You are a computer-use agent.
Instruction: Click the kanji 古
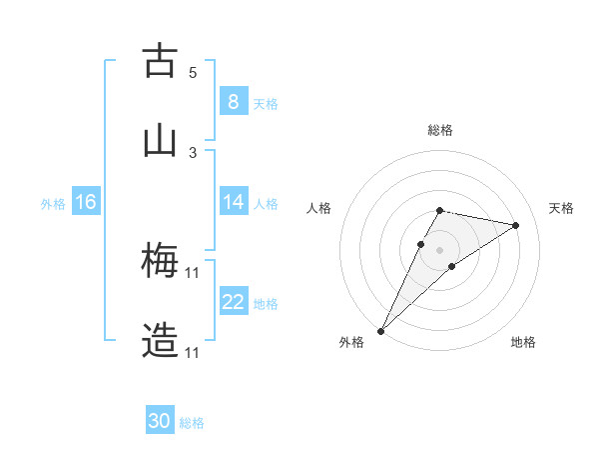tap(160, 62)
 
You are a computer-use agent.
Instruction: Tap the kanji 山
tap(160, 141)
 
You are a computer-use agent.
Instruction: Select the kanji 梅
tap(160, 262)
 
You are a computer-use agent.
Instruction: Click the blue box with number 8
tap(233, 101)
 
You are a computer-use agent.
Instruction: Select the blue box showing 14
tap(233, 202)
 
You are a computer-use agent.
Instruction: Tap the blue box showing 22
tap(233, 302)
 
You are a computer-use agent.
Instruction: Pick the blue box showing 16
tap(86, 202)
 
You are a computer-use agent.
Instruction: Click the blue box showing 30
tap(160, 421)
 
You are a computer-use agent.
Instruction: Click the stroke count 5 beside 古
tap(193, 72)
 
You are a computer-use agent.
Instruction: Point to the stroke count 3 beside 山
tap(193, 152)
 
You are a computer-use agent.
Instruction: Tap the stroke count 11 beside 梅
tap(193, 272)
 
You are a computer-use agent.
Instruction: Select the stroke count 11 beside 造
tap(193, 352)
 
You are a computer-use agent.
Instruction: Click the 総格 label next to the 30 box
tap(192, 423)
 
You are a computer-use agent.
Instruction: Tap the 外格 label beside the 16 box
tap(53, 203)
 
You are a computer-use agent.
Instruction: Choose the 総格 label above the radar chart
tap(439, 130)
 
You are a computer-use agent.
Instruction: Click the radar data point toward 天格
tap(516, 225)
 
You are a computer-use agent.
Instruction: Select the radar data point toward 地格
tap(452, 266)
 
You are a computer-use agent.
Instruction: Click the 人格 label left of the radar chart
tap(319, 208)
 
